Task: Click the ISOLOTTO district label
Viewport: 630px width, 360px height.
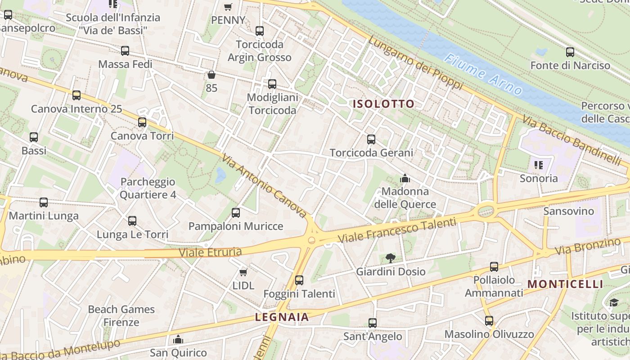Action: coord(383,104)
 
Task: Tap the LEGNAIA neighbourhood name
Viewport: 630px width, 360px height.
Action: coord(282,317)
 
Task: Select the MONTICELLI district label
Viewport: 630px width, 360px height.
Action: coord(565,284)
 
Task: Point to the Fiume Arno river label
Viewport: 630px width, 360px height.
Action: coord(483,75)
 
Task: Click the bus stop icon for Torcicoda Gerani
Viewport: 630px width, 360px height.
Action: coord(371,139)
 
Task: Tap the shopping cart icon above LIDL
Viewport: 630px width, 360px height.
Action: coord(243,272)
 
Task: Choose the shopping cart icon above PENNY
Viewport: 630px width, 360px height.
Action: coord(228,7)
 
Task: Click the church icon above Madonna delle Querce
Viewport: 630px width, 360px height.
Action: coord(405,178)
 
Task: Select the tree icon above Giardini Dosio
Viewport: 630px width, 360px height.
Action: coord(391,258)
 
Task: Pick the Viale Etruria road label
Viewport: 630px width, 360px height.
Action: coord(211,252)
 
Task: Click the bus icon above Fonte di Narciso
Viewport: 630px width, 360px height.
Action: coord(570,52)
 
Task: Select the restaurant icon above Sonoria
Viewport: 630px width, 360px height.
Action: coord(538,165)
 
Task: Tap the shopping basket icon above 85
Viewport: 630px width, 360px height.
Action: coord(211,75)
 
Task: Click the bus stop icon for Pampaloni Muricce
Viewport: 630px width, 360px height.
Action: coord(236,212)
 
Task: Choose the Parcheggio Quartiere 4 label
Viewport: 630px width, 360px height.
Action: coord(148,189)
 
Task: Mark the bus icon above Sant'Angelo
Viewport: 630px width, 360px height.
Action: coord(372,323)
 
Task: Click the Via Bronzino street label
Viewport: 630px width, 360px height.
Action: coord(588,246)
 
